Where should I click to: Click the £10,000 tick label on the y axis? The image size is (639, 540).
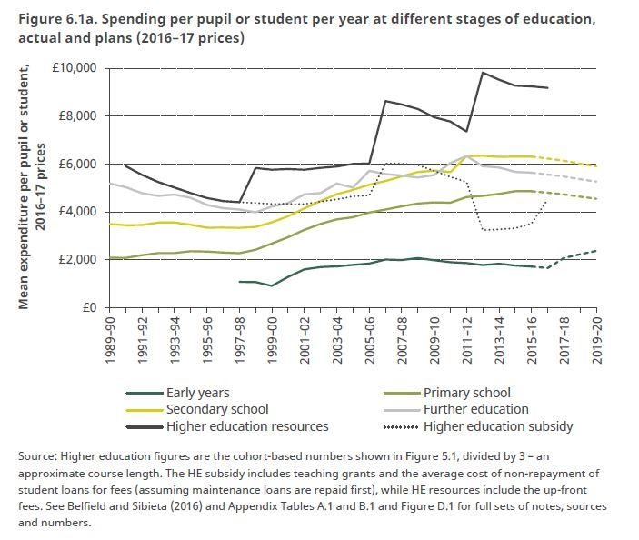tap(74, 68)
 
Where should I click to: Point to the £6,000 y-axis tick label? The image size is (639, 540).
tap(77, 164)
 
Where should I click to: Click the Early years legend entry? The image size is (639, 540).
tap(197, 394)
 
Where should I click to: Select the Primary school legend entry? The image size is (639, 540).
tap(468, 394)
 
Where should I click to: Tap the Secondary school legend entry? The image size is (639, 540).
tap(217, 410)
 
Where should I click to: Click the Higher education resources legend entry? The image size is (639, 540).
tap(247, 425)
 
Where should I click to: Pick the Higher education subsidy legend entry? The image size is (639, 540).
tap(498, 425)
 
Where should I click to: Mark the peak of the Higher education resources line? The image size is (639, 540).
tap(483, 73)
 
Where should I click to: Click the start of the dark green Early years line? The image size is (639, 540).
tap(239, 282)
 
